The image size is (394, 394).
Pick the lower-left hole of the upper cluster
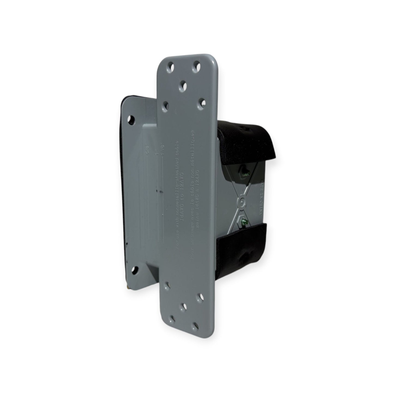coord(165,104)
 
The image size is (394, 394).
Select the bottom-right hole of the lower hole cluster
coord(195,326)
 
